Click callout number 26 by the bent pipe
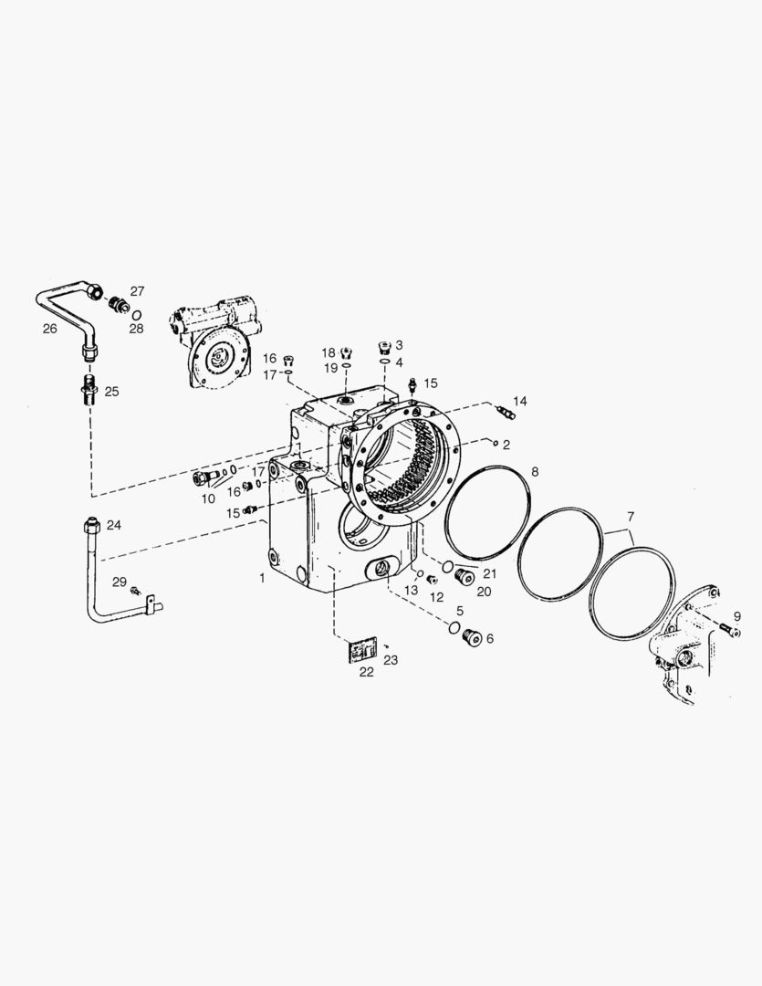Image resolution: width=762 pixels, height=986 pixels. (49, 328)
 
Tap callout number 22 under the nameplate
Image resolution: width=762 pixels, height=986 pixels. (366, 673)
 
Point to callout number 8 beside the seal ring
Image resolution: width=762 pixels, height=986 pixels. (535, 471)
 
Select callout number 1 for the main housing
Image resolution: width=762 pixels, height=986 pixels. (263, 579)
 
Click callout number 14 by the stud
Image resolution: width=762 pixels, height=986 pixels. (519, 401)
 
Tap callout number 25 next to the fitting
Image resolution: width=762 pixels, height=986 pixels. (111, 391)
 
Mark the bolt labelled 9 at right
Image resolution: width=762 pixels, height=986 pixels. (727, 627)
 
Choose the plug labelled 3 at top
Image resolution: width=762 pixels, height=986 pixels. (384, 346)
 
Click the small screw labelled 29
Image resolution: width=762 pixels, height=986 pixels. (135, 591)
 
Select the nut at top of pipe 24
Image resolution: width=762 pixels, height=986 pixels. (90, 527)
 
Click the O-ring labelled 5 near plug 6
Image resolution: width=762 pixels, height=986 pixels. (452, 626)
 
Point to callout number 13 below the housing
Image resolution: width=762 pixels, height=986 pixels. (412, 591)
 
